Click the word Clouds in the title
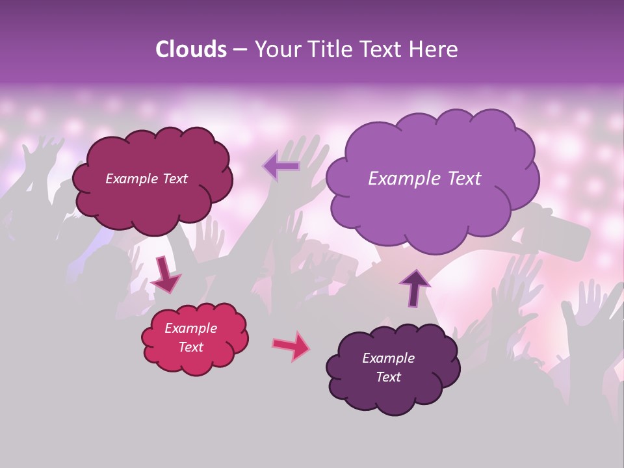coord(190,49)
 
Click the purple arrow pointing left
coord(281,166)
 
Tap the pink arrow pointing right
coord(291,346)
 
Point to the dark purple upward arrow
coord(415,287)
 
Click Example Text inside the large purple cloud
coord(424,179)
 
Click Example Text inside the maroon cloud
coord(146,179)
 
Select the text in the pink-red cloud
coord(190,337)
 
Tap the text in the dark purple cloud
coord(388,367)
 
